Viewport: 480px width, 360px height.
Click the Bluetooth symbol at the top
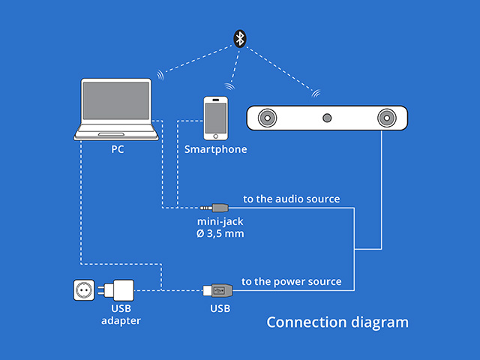point(239,39)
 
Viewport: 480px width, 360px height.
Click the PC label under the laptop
point(117,149)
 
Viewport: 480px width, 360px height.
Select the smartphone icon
point(216,117)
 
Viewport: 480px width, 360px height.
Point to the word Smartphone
point(216,149)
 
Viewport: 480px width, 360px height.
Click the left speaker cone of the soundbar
point(267,118)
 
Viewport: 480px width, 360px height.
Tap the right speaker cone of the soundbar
point(385,118)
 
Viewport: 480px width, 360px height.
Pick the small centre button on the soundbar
point(326,118)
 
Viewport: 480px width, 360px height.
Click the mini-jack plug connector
point(217,207)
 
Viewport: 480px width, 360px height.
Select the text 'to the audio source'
point(291,199)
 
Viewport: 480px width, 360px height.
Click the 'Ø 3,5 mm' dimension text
point(220,234)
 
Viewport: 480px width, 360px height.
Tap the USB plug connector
point(216,289)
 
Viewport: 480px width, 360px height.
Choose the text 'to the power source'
point(291,282)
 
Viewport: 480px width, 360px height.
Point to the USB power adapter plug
point(119,290)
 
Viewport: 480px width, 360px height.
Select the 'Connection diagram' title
point(337,322)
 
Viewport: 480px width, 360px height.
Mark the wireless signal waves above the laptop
point(160,75)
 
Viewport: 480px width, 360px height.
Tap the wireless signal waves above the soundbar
point(316,94)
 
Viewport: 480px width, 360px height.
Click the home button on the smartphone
point(216,135)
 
